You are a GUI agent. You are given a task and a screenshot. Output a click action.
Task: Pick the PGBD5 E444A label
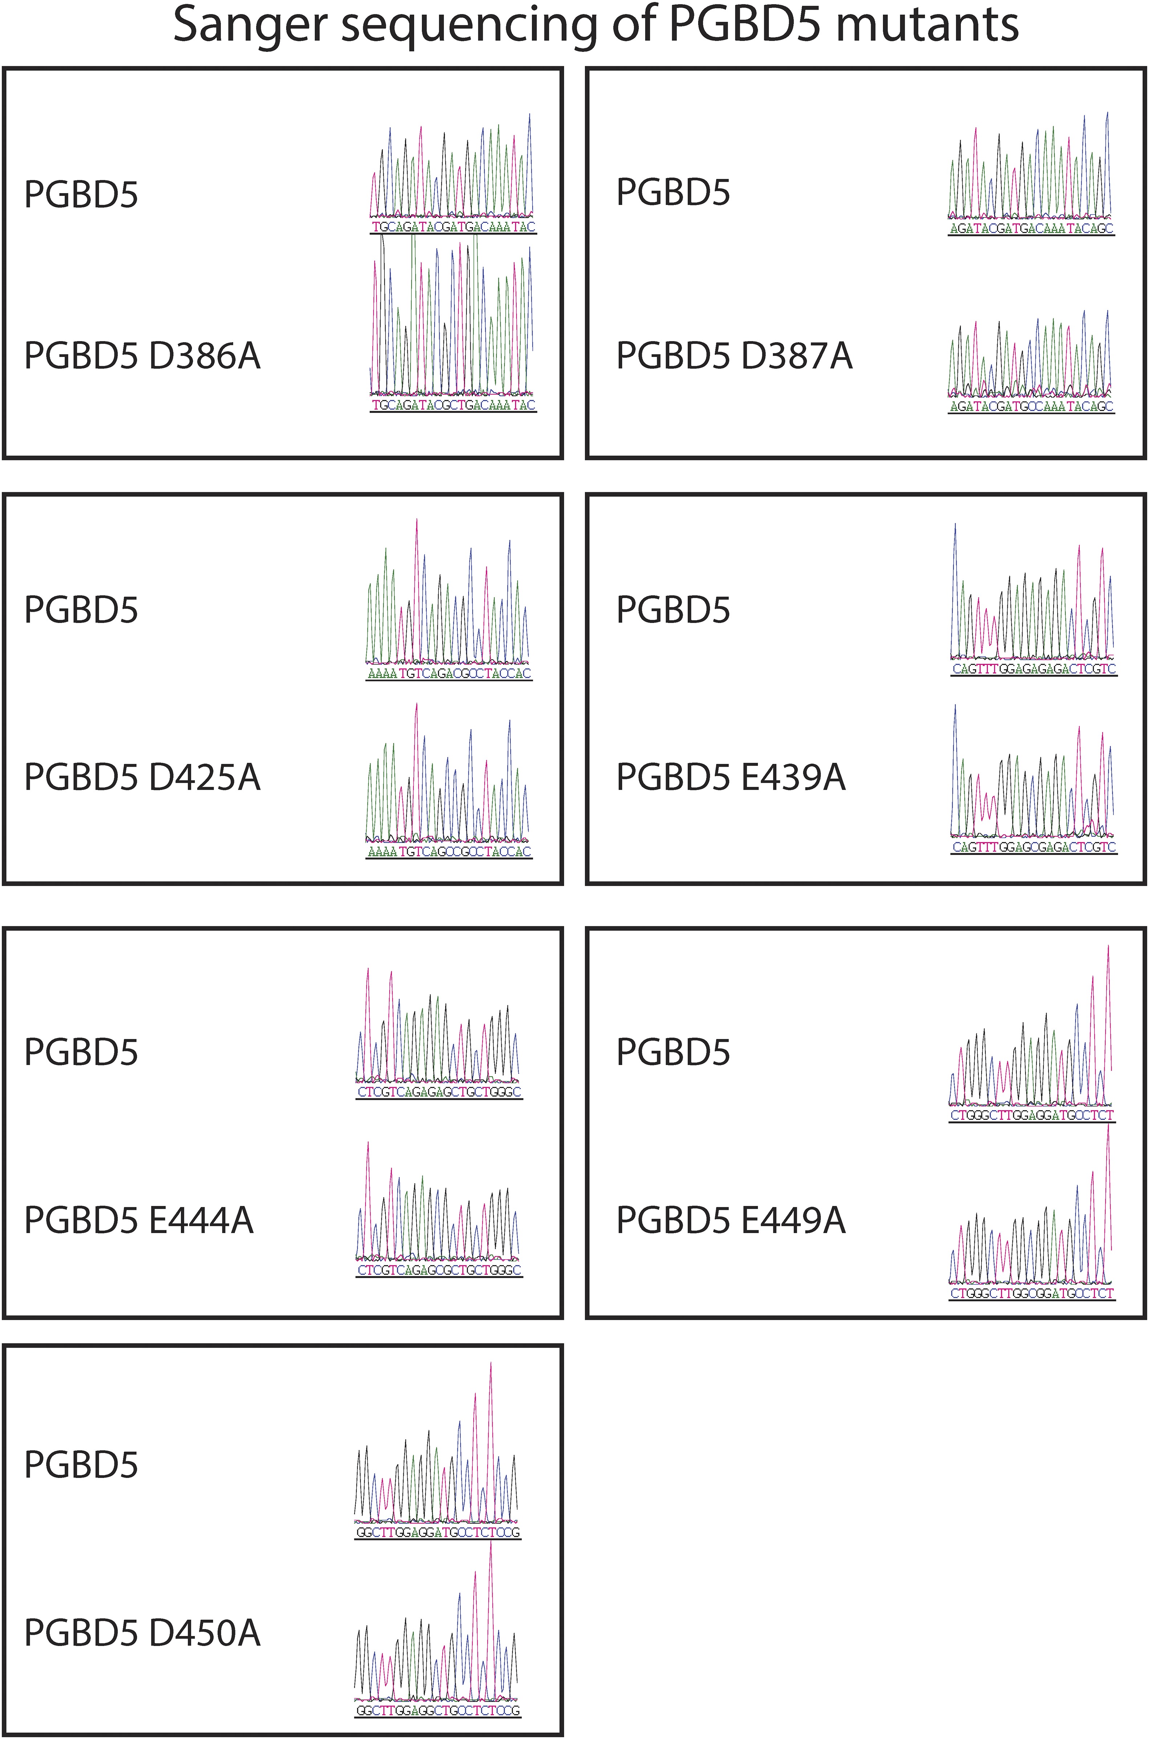point(139,1220)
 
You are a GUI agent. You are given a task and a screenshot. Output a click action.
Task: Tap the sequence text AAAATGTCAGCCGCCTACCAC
point(448,851)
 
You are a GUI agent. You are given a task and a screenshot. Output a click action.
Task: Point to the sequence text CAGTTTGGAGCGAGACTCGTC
point(1033,847)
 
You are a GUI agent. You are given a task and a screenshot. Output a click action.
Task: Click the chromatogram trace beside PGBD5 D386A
point(453,322)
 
